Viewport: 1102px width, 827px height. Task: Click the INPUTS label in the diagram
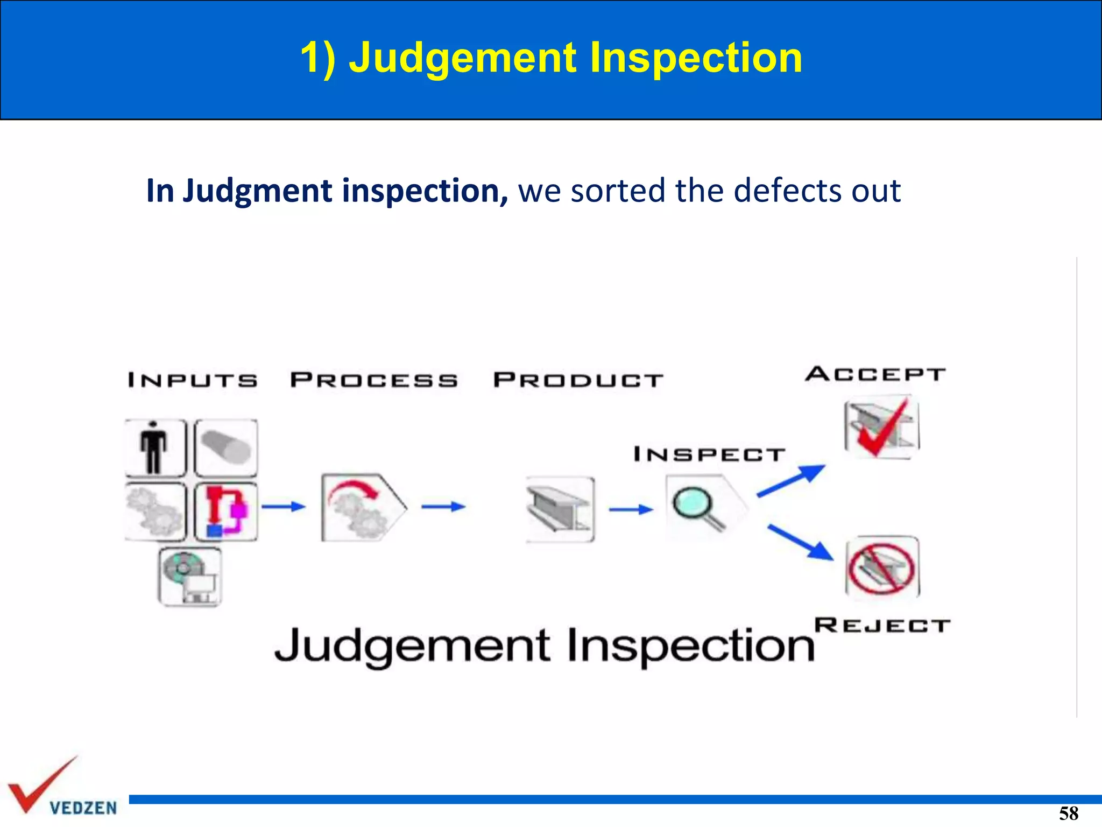tap(193, 380)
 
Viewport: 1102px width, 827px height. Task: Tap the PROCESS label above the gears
tap(374, 380)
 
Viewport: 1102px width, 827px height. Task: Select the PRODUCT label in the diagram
tap(578, 380)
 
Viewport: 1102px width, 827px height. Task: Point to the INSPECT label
tap(709, 454)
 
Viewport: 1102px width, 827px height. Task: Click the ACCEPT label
tap(875, 374)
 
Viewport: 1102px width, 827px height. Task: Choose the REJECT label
tap(882, 626)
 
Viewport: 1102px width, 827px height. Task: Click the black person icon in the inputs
tap(154, 448)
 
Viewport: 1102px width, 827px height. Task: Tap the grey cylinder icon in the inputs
tap(226, 448)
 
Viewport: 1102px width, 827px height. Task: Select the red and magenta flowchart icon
tap(226, 511)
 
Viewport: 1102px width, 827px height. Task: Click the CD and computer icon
tap(190, 577)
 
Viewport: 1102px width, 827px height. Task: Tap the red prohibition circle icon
tap(881, 569)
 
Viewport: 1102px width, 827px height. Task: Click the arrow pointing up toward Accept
tap(791, 480)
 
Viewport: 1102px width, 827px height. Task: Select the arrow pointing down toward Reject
tap(801, 543)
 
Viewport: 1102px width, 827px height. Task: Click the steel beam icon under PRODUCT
tap(560, 509)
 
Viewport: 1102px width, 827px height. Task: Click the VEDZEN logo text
tap(83, 808)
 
